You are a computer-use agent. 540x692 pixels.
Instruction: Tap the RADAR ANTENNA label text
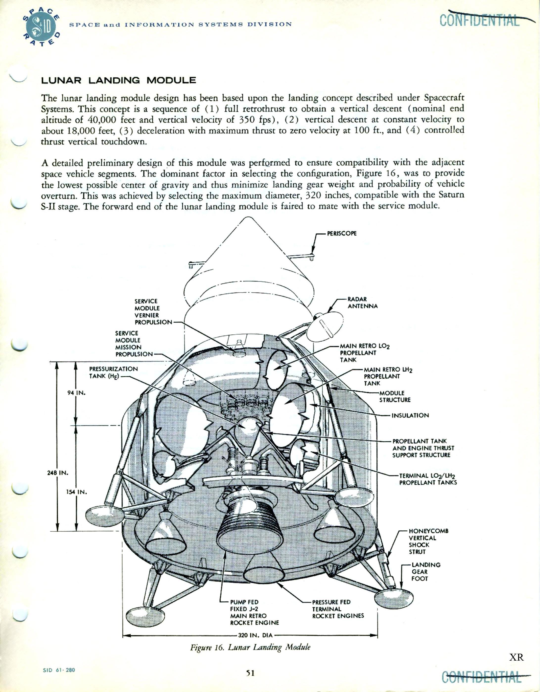point(362,303)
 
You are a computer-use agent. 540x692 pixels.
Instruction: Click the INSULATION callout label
point(410,415)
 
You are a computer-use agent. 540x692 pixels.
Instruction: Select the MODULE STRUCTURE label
point(395,396)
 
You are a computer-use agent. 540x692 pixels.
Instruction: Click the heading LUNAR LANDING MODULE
point(118,80)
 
